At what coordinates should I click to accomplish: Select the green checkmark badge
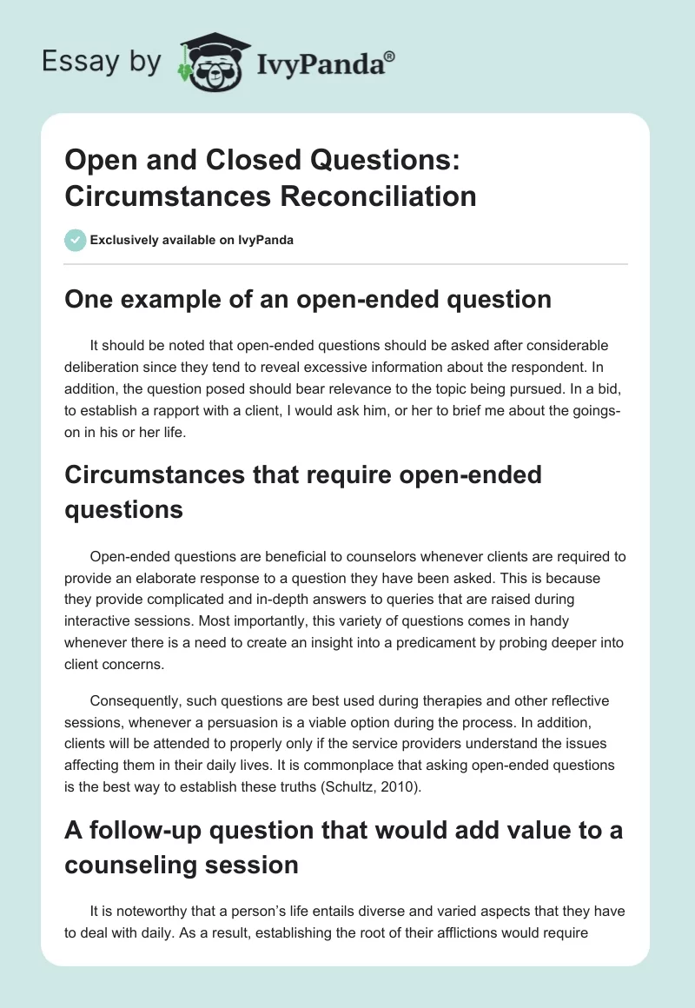click(x=75, y=240)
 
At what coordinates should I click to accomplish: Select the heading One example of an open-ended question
click(x=308, y=300)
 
